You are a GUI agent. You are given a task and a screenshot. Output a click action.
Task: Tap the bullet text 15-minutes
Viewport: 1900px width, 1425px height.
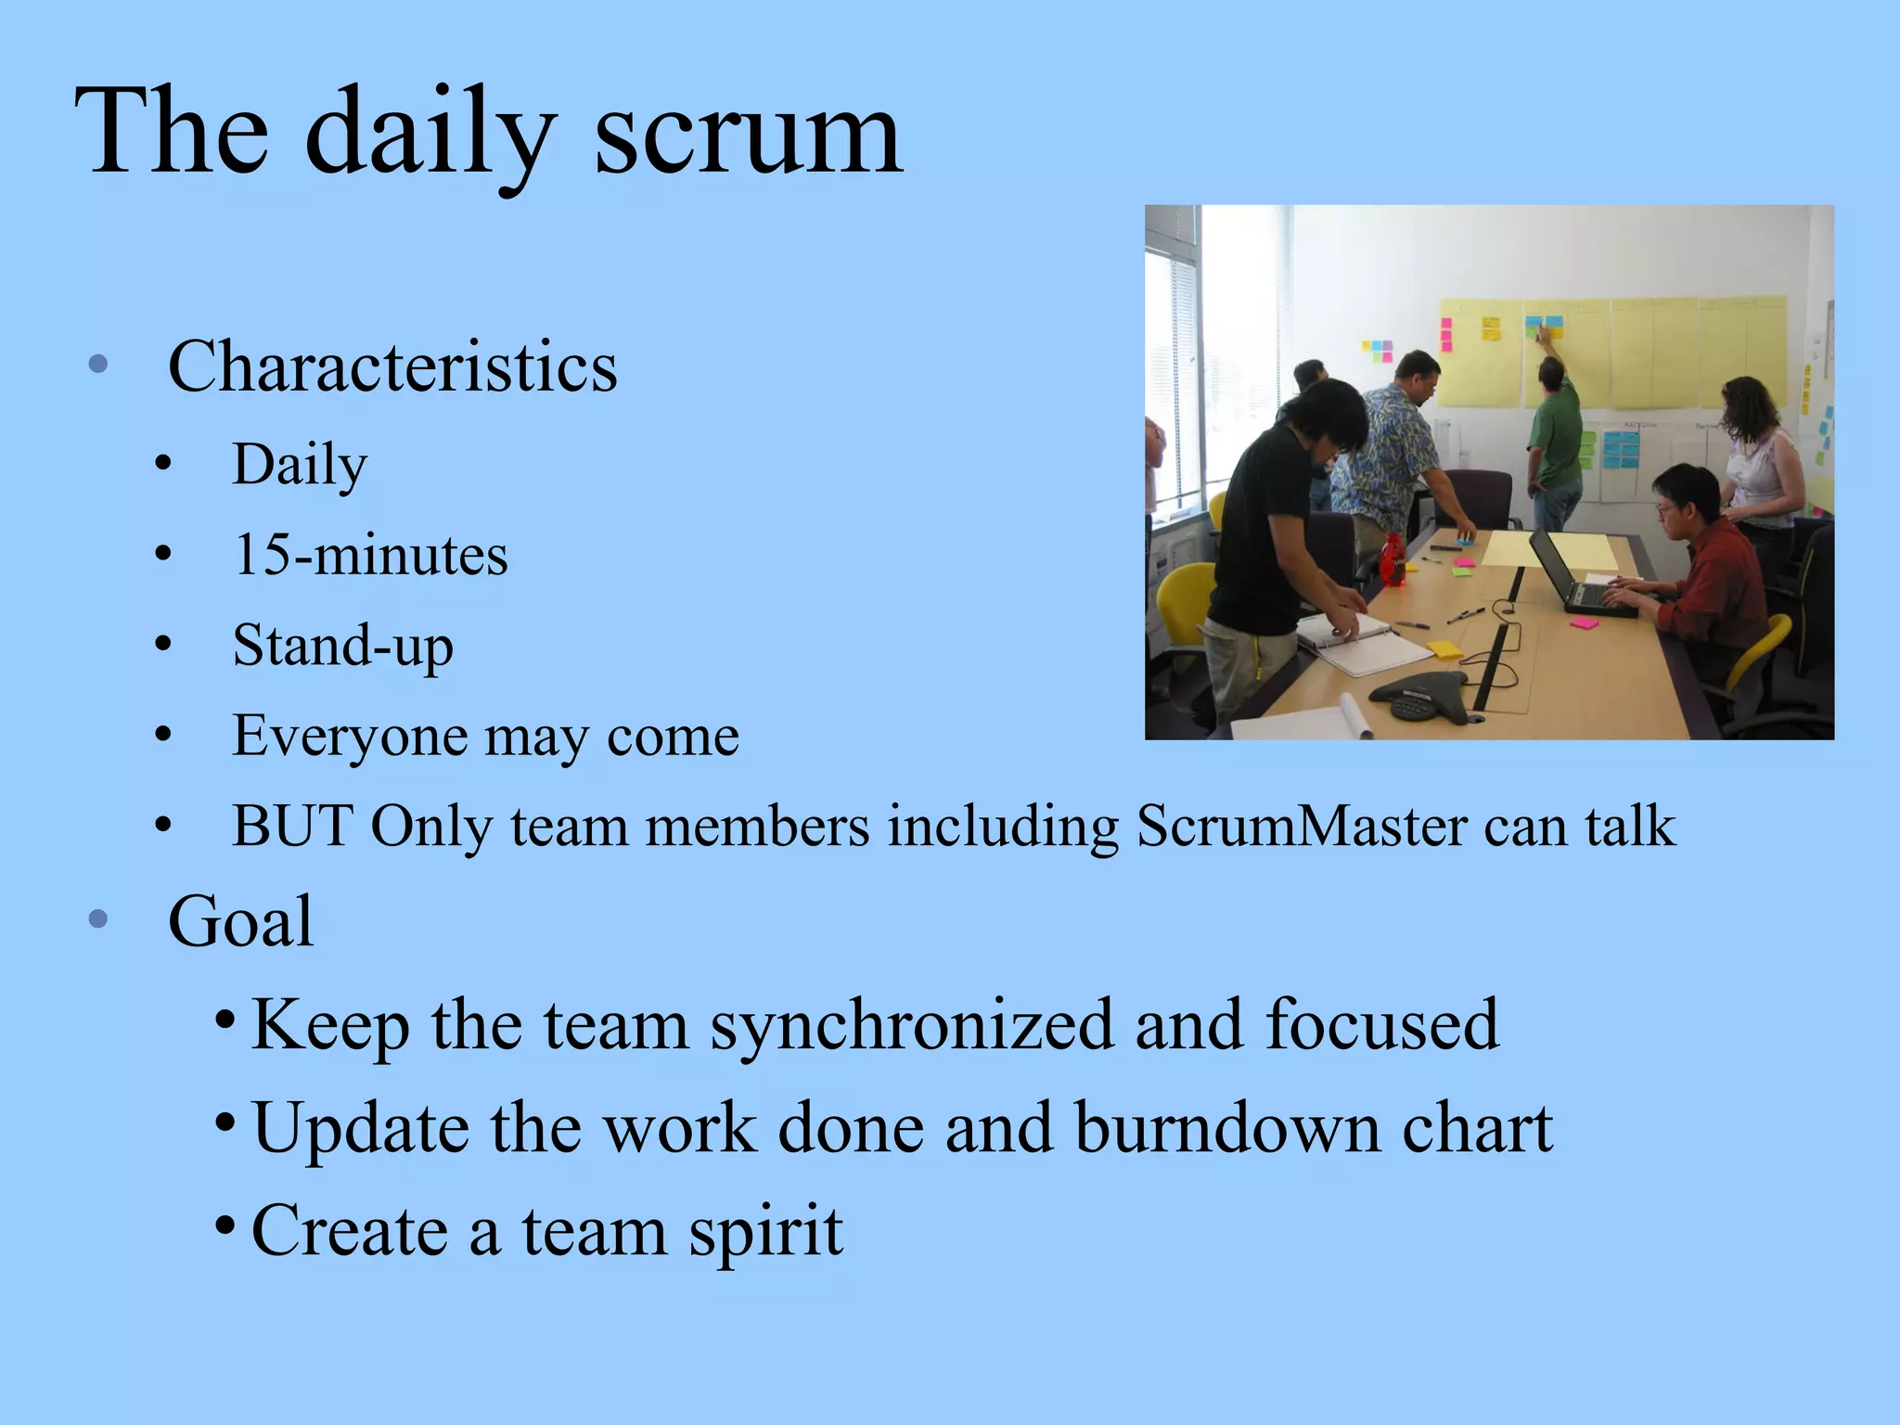pos(370,556)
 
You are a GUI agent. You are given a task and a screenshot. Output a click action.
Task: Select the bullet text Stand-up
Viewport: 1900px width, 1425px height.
pos(342,646)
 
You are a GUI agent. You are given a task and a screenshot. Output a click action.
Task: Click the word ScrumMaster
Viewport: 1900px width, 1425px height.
pos(1301,826)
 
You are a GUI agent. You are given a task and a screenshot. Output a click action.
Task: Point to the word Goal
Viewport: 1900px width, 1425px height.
pos(240,922)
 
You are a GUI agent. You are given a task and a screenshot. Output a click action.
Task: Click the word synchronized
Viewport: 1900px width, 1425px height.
pos(912,1026)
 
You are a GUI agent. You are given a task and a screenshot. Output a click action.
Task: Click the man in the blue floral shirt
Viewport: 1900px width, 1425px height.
pos(1392,445)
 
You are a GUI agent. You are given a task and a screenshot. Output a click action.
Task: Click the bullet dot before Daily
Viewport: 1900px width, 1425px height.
pos(163,465)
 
